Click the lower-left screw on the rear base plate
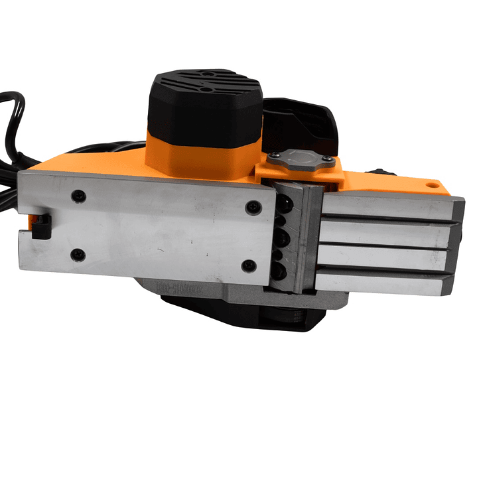coord(78,254)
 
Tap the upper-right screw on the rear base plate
coord(252,207)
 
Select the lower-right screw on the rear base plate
coord(249,266)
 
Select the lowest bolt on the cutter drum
coord(281,271)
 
